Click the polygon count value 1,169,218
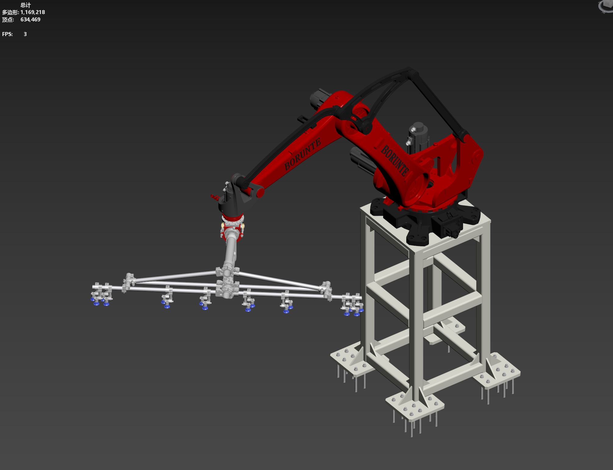33,12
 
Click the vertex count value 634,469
30,20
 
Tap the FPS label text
7,34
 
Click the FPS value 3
25,34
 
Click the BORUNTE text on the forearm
302,154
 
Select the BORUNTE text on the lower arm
395,160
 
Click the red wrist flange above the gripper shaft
233,219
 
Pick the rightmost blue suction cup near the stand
362,310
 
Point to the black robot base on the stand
427,220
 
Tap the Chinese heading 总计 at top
26,5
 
